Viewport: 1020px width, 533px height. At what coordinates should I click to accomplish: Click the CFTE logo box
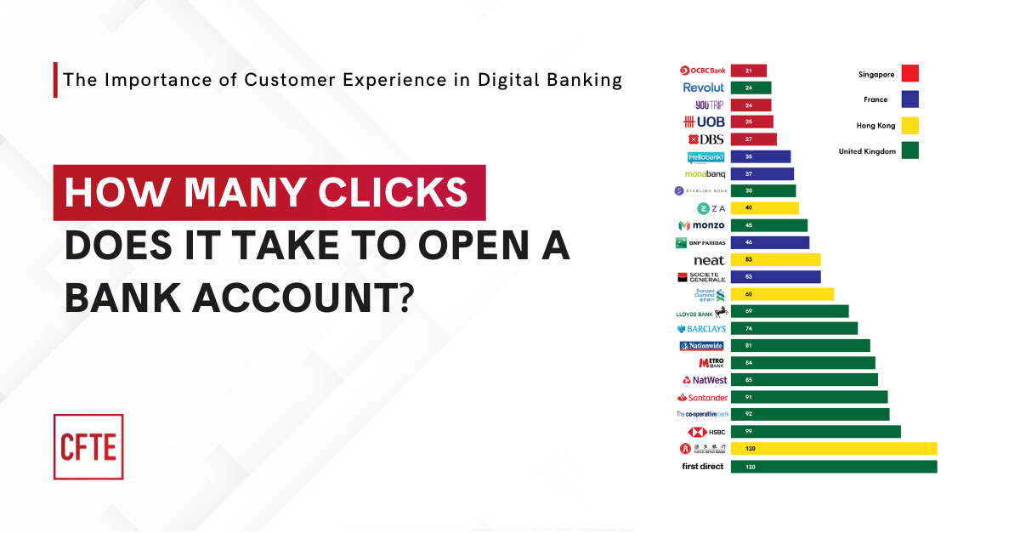88,446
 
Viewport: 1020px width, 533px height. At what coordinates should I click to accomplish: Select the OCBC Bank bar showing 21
748,71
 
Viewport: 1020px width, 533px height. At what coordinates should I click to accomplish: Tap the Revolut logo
704,88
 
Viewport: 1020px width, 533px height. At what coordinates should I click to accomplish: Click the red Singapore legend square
910,74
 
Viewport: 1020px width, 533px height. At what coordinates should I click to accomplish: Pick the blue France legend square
910,99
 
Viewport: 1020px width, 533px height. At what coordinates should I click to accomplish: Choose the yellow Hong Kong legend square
910,125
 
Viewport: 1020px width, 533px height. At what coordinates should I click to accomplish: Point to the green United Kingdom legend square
910,151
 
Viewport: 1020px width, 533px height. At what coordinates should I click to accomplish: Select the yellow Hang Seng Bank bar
833,448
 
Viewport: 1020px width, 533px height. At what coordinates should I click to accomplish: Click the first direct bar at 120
833,467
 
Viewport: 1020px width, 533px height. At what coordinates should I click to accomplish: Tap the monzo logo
701,225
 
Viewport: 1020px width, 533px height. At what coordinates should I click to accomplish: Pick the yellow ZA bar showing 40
764,208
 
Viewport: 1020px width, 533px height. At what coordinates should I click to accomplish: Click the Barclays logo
701,329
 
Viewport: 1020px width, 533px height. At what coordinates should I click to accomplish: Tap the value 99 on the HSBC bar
748,432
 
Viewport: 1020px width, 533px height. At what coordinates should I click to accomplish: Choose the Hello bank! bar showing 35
760,156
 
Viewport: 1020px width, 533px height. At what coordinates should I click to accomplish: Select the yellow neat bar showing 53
775,259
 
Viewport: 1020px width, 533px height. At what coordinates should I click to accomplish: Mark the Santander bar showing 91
808,397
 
